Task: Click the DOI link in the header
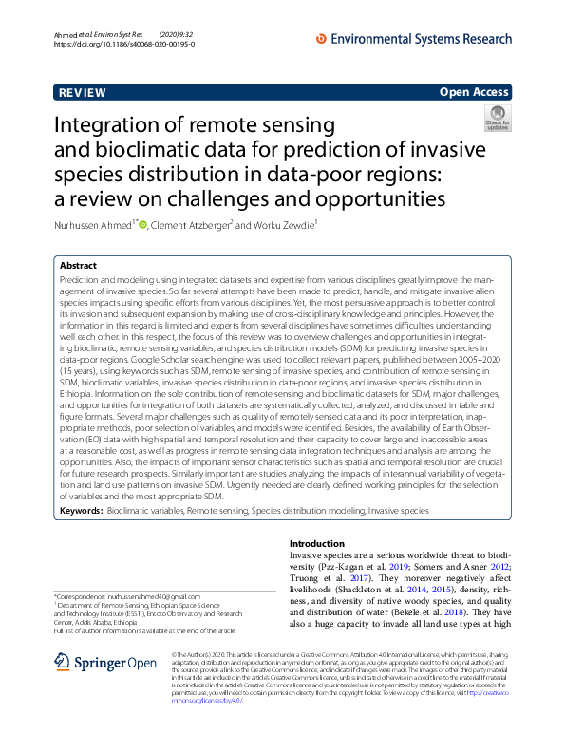(124, 44)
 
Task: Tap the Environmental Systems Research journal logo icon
(321, 39)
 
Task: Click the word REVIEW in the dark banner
(83, 93)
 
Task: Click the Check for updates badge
(497, 120)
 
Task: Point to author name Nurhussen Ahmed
(94, 226)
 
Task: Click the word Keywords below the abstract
(81, 510)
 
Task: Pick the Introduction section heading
(318, 543)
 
